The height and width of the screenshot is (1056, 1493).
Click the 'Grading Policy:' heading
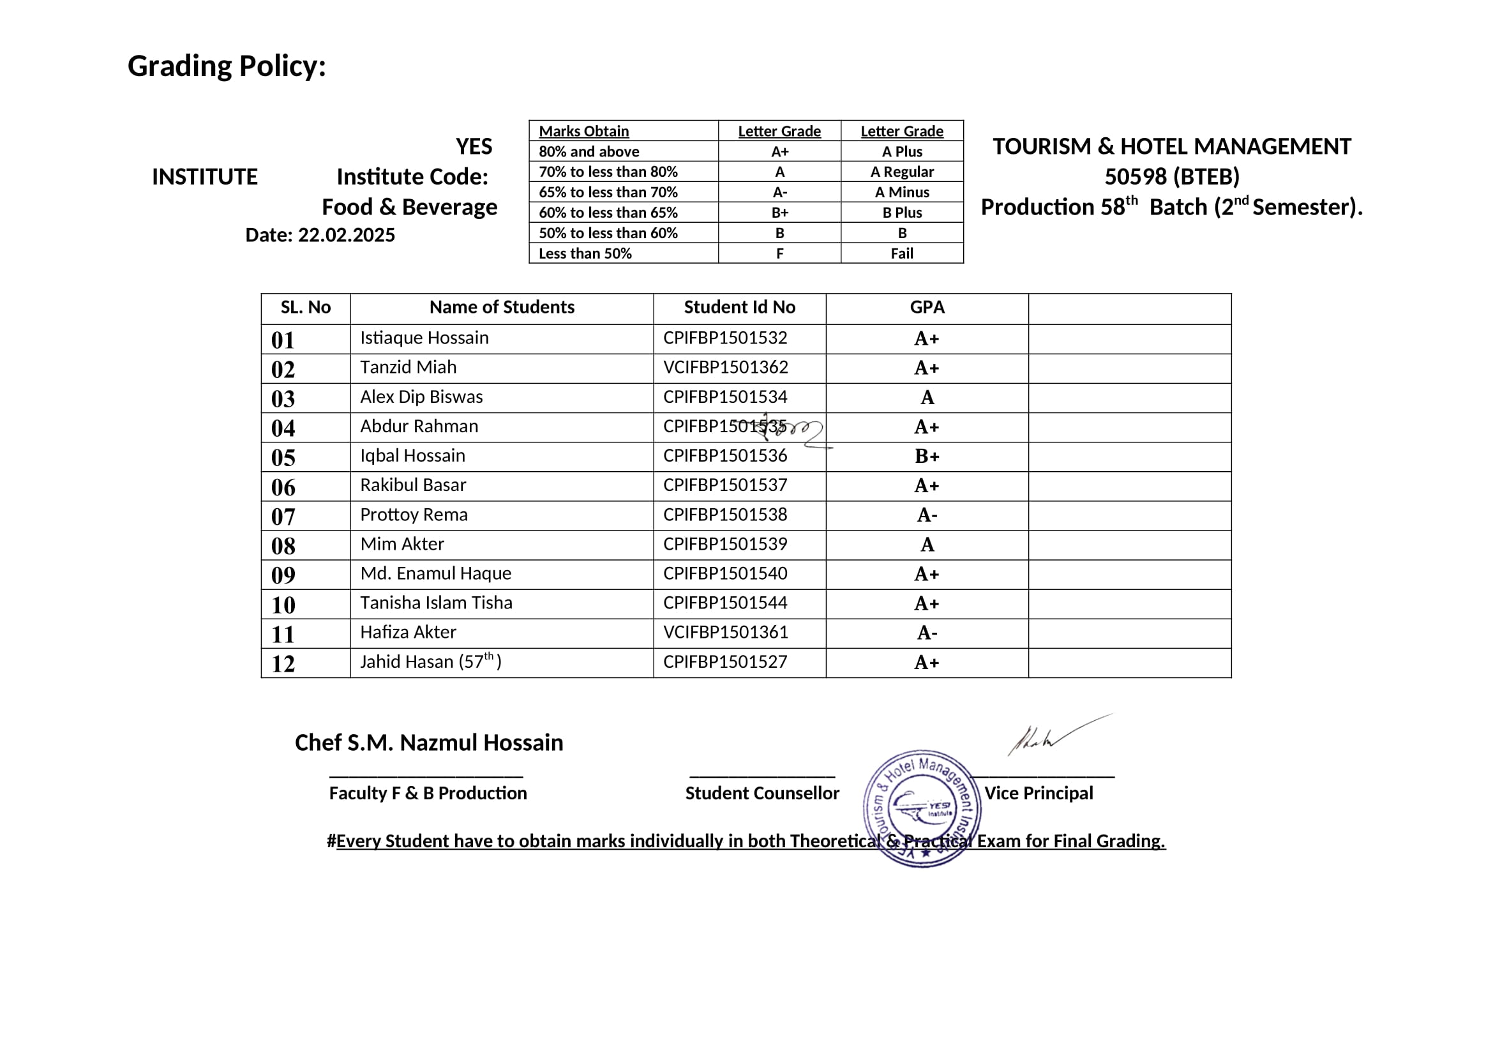(x=227, y=66)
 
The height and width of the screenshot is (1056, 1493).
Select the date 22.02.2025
(x=346, y=235)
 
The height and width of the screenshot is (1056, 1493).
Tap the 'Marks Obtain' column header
(x=583, y=131)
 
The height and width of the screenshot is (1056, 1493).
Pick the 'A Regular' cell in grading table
(x=901, y=172)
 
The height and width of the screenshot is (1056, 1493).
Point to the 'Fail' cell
(x=901, y=253)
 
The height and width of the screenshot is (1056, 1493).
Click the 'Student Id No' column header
(x=739, y=307)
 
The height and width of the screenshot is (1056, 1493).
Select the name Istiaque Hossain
(x=424, y=338)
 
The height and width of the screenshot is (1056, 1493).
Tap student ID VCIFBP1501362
(x=725, y=367)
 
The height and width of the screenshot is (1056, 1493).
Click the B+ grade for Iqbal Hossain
(x=927, y=456)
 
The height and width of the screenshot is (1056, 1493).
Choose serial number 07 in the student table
(x=283, y=517)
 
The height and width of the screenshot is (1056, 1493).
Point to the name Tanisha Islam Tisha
(x=436, y=603)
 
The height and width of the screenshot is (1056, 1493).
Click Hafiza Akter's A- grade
(x=927, y=633)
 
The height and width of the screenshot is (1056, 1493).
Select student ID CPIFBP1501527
(x=725, y=662)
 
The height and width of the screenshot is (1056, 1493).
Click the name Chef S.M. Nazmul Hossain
(x=428, y=743)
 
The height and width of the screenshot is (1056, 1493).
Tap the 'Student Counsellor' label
(x=762, y=794)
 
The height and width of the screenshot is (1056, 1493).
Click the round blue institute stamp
(x=922, y=808)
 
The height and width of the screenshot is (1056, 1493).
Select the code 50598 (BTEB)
(x=1171, y=177)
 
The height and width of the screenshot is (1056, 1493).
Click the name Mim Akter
(x=402, y=543)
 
